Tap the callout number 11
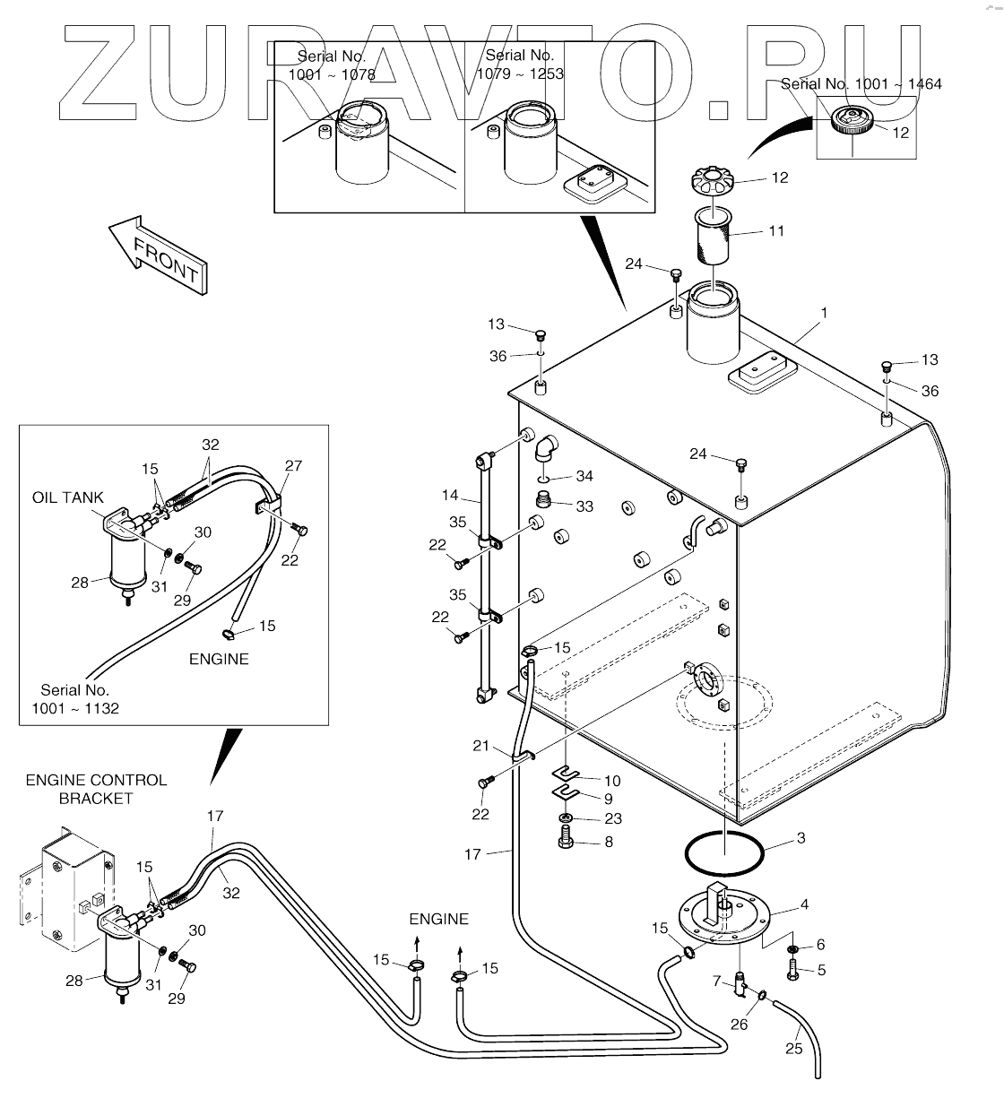click(776, 230)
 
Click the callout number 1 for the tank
click(824, 313)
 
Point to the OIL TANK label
click(68, 497)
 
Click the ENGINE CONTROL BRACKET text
click(96, 789)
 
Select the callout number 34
click(584, 476)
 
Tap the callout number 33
click(584, 506)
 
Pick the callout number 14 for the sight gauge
click(450, 495)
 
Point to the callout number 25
click(793, 1049)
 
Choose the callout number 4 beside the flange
click(804, 904)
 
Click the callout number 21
click(480, 746)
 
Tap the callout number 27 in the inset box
click(294, 466)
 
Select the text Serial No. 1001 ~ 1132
click(75, 699)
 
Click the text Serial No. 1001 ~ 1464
click(861, 84)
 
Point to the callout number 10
click(612, 781)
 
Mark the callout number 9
click(609, 799)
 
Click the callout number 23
click(613, 818)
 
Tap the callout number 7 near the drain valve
click(716, 982)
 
